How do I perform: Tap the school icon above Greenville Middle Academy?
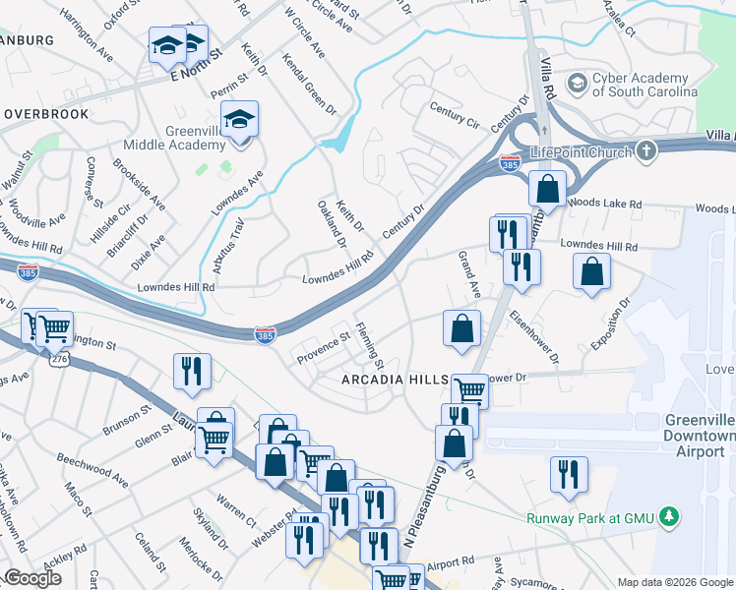click(x=239, y=120)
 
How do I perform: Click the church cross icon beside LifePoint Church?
click(x=645, y=150)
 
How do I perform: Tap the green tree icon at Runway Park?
click(x=670, y=515)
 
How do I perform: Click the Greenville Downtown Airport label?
click(x=699, y=435)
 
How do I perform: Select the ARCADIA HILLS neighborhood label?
click(x=396, y=380)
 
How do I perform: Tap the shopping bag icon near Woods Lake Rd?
click(x=546, y=188)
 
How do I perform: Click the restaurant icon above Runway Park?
click(x=569, y=474)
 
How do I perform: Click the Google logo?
click(x=32, y=577)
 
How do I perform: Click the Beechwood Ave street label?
click(x=93, y=469)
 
